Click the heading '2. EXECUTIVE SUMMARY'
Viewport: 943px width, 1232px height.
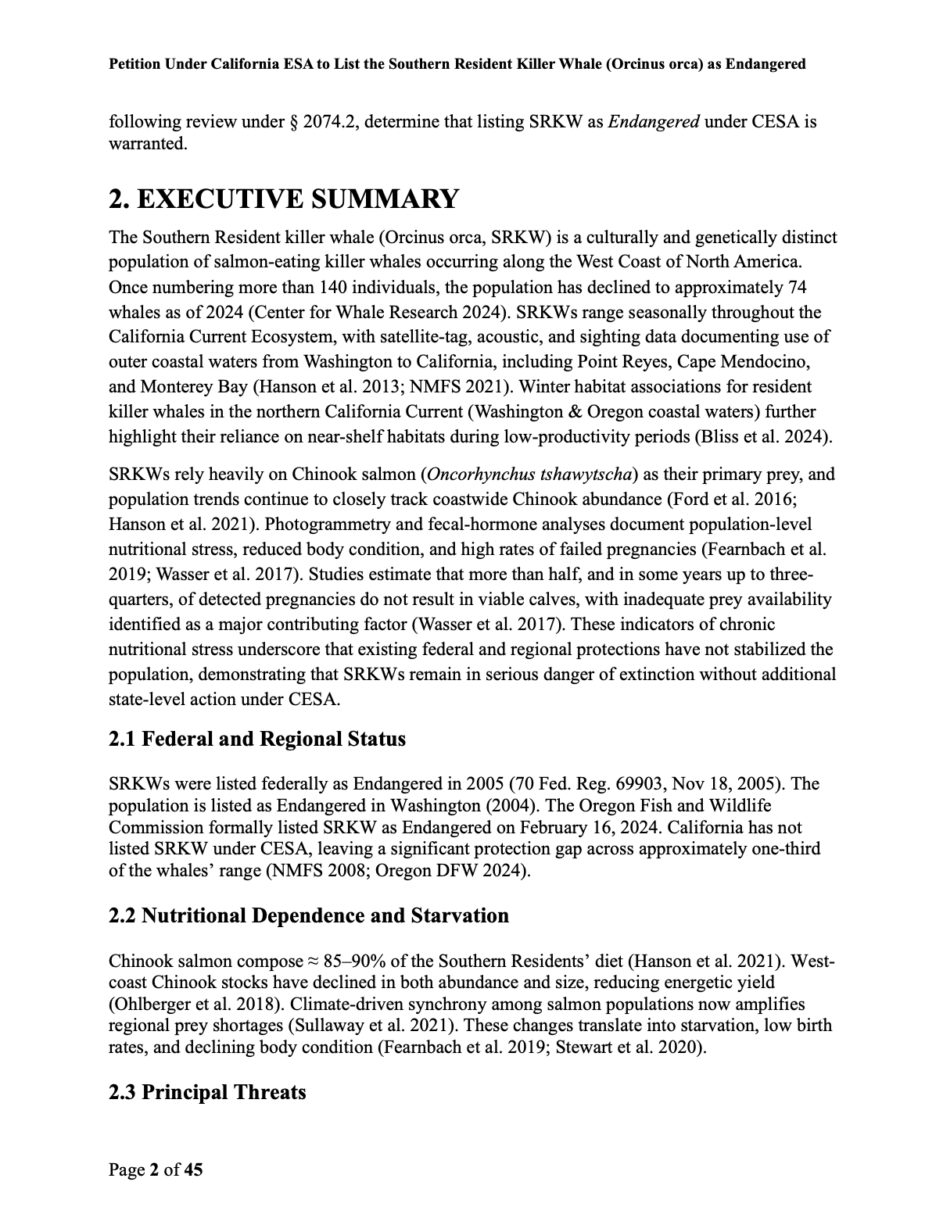pos(283,199)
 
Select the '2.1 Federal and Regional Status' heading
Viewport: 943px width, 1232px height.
pos(257,739)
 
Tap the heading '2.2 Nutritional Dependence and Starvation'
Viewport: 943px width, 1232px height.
pos(309,915)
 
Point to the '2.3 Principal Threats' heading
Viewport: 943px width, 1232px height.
pos(207,1092)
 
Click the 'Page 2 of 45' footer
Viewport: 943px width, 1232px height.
pos(156,1169)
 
